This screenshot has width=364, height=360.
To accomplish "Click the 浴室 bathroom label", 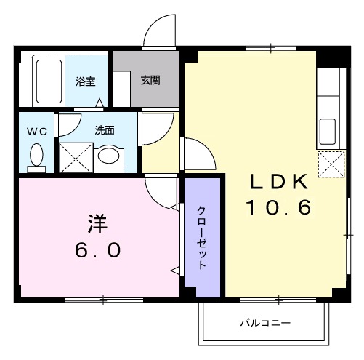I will pos(86,82).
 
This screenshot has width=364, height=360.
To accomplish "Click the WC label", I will pos(36,132).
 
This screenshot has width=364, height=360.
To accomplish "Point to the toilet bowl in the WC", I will pos(36,156).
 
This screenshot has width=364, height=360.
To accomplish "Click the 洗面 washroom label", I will pos(104,130).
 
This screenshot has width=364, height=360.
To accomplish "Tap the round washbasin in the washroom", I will pos(110,156).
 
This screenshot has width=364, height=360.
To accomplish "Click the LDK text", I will pos(279,181).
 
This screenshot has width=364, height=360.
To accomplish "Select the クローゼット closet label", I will pos(201,236).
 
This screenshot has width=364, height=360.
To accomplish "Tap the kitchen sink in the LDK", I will pos(326,132).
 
